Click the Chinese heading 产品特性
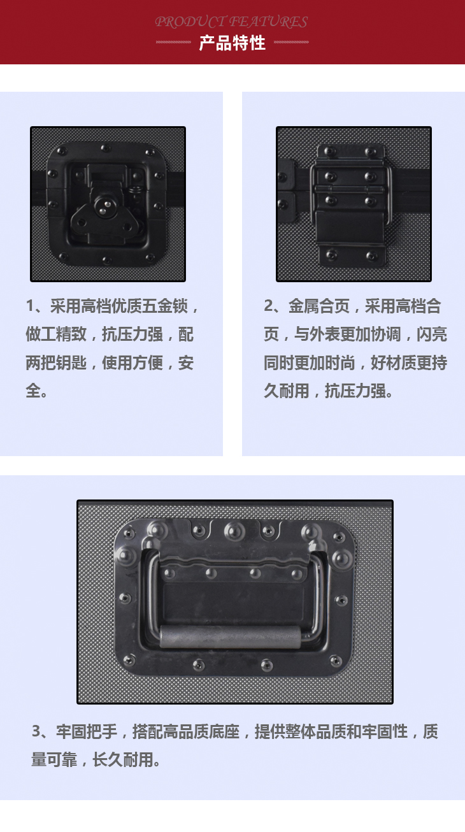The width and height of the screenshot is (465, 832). click(232, 43)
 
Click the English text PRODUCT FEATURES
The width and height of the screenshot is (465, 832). click(231, 22)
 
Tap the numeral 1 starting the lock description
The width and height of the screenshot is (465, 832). click(30, 306)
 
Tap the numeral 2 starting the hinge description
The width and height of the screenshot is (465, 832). click(268, 306)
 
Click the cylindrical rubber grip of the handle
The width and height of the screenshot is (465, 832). click(230, 636)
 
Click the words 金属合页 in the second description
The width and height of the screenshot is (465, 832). click(319, 306)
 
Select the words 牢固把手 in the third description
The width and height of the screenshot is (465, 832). click(87, 731)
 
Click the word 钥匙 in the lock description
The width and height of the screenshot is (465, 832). click(71, 362)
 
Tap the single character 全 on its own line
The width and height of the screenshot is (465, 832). click(32, 391)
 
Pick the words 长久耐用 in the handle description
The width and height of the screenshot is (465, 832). click(122, 759)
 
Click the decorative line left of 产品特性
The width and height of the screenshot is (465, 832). click(173, 42)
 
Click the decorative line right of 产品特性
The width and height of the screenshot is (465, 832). click(291, 42)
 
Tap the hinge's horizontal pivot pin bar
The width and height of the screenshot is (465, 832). click(349, 189)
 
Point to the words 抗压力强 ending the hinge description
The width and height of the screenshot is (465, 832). click(355, 391)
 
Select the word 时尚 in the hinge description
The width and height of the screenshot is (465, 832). click(340, 362)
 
